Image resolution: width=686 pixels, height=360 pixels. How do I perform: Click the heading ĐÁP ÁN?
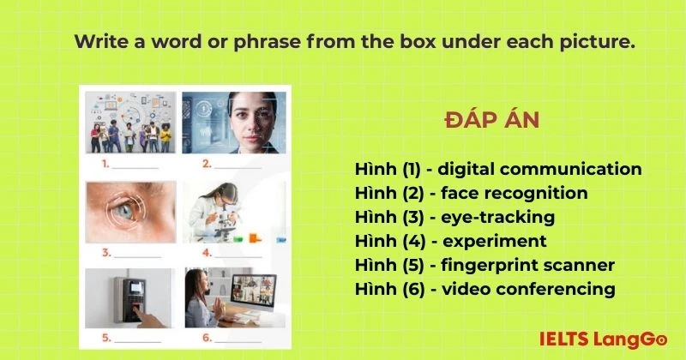(x=492, y=121)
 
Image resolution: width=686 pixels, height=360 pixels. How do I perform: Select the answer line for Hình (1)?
(x=498, y=169)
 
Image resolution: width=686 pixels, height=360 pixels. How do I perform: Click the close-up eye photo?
(x=131, y=212)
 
